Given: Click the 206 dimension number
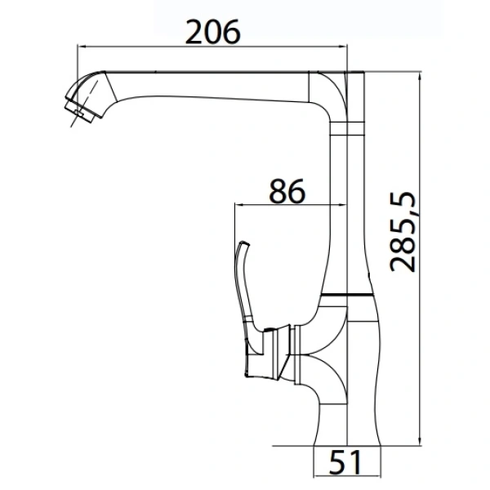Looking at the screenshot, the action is click(213, 32).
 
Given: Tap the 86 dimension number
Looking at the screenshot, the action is click(287, 190).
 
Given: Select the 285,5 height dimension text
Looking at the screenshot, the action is click(403, 232).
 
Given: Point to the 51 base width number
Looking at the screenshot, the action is click(345, 462).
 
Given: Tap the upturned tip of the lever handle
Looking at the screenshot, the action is click(244, 243).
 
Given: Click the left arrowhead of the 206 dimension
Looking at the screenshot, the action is click(82, 47).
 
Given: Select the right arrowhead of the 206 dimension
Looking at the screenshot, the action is click(342, 47).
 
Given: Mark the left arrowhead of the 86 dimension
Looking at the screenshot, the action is click(239, 205).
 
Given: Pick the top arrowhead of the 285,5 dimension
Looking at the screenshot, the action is click(420, 77).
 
